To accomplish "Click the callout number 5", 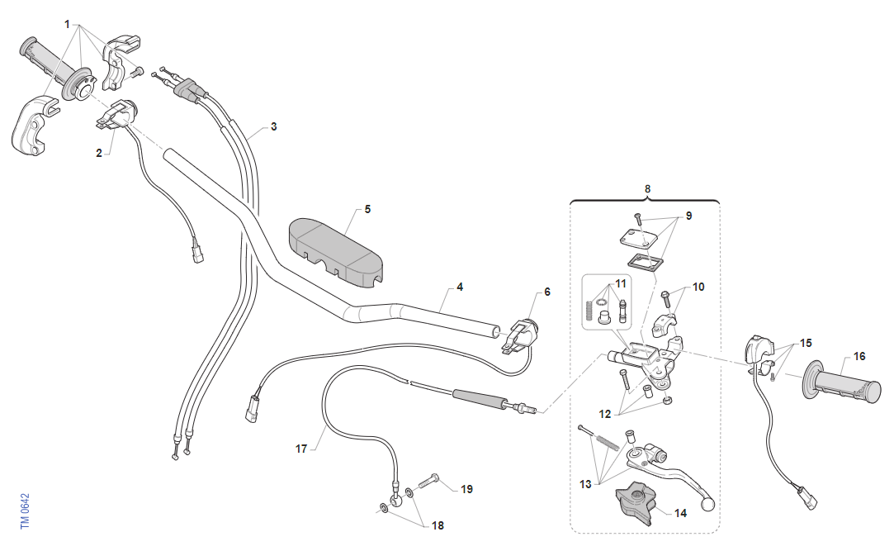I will [x=367, y=209].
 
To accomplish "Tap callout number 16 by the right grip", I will [x=859, y=357].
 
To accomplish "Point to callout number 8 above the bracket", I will [x=647, y=188].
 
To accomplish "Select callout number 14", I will [x=680, y=512].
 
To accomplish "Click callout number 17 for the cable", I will [x=301, y=449].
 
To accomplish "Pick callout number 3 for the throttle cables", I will [x=273, y=127].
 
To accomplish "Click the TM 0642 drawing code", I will [x=25, y=511].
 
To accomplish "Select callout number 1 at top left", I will [x=67, y=24].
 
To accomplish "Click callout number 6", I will [x=546, y=292].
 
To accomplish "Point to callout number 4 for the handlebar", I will [x=460, y=287].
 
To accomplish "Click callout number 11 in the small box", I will [x=621, y=283].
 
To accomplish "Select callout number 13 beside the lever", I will [x=585, y=484].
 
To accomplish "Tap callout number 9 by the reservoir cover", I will [x=688, y=216].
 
